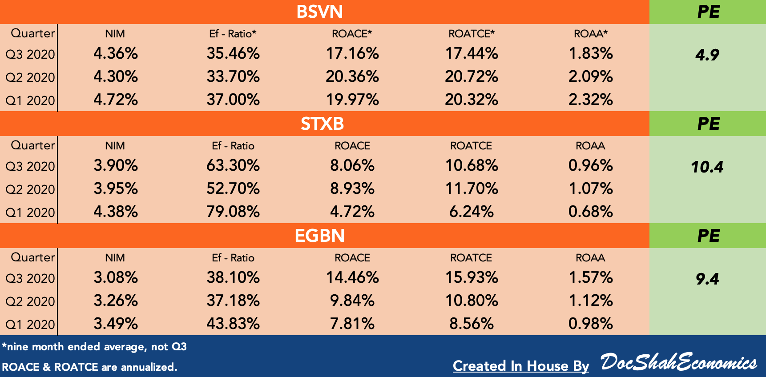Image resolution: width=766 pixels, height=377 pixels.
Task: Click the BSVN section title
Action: (x=319, y=12)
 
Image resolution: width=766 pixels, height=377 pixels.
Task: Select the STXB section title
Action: (x=322, y=124)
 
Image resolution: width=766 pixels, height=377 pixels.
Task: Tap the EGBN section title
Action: (x=319, y=236)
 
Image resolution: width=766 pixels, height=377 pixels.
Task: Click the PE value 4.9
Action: (x=707, y=55)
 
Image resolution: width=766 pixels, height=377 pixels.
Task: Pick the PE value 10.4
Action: (x=707, y=167)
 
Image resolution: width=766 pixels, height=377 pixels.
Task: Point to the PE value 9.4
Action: (x=707, y=279)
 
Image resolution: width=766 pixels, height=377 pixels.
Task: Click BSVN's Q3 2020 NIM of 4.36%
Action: (x=116, y=53)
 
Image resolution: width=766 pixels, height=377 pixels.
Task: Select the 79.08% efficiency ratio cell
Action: (x=233, y=211)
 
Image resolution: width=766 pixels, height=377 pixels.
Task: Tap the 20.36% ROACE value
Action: (x=352, y=76)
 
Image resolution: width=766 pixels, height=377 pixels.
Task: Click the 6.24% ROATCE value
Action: (x=472, y=211)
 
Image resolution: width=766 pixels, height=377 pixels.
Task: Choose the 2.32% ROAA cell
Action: (x=591, y=99)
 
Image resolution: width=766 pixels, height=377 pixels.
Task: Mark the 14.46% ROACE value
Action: (x=352, y=277)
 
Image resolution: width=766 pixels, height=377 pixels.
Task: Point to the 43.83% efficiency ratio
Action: (x=233, y=323)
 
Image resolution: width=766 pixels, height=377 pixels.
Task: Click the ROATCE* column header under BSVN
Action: (x=472, y=34)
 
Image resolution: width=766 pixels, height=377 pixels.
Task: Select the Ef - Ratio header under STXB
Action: (x=233, y=146)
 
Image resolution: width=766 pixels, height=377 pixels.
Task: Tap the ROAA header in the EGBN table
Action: (x=590, y=258)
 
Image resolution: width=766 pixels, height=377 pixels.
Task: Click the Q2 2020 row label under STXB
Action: (x=30, y=189)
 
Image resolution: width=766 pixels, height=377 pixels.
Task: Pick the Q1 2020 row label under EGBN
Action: (x=30, y=325)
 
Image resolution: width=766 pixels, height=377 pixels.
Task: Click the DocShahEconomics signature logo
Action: (x=678, y=362)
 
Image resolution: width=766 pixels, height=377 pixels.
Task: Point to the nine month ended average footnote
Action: (x=94, y=347)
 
